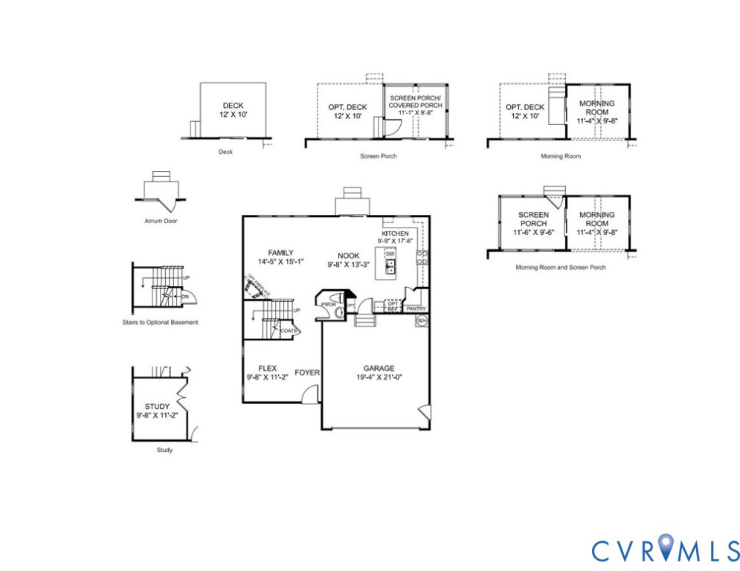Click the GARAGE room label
coord(379,368)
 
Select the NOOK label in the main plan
coord(347,255)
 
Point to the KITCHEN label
coord(395,233)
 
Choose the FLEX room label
coord(267,368)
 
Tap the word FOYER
coord(307,372)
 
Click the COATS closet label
coord(289,330)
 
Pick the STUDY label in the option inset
coord(157,407)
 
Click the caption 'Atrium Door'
coord(161,221)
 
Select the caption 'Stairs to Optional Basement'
coord(160,323)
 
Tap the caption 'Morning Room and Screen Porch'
coord(560,267)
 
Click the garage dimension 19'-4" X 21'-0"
coord(379,378)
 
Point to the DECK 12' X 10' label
coord(233,111)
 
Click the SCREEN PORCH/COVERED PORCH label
coord(416,102)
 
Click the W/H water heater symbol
coord(422,320)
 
